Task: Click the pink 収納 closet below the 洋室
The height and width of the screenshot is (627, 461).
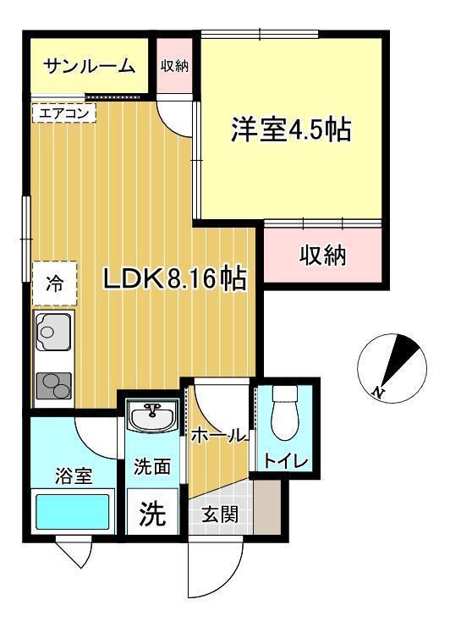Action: click(x=323, y=255)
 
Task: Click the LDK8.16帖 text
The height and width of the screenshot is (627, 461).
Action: click(x=174, y=278)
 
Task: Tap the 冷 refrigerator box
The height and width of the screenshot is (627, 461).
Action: click(x=55, y=284)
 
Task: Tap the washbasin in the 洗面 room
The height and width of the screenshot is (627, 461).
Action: click(x=153, y=416)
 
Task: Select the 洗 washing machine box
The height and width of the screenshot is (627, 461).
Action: click(x=152, y=513)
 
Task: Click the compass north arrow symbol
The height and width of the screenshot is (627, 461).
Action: click(x=391, y=364)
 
